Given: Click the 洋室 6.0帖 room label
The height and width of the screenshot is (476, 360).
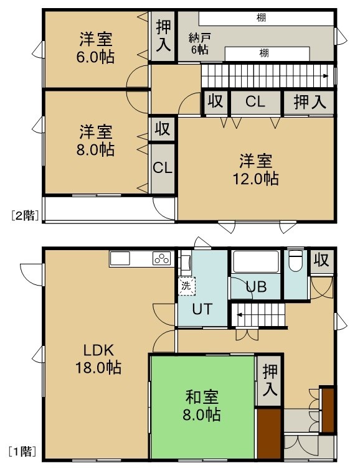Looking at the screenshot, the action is (95, 48).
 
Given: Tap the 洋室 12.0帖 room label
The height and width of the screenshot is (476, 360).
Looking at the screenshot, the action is (255, 170).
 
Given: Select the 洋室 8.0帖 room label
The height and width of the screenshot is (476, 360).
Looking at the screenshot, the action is (95, 141).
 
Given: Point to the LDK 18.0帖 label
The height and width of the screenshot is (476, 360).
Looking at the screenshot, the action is (98, 359).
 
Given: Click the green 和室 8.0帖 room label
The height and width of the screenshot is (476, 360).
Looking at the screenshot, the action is (202, 406).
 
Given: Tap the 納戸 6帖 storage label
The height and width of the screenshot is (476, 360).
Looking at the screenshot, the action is (199, 44).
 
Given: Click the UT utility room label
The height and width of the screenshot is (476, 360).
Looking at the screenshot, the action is (202, 309).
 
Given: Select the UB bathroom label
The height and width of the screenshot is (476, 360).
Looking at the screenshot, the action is (257, 287).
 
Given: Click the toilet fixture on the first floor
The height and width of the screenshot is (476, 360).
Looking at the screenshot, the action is (296, 261).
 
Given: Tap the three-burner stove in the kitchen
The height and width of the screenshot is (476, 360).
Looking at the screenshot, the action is (161, 259).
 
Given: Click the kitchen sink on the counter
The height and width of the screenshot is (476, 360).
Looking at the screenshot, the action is (120, 259).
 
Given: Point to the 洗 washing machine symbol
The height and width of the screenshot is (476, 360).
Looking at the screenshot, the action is (186, 286).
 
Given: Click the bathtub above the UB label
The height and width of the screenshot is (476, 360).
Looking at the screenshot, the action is (256, 262).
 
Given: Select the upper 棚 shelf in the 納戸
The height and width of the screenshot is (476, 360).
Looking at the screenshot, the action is (266, 19).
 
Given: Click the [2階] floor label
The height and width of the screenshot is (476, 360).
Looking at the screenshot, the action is (25, 216).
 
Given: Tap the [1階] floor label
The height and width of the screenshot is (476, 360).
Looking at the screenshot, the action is (22, 452).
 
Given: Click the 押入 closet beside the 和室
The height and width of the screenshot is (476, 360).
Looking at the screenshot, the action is (270, 380).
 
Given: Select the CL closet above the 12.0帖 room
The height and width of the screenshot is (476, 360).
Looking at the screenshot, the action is (255, 102).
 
